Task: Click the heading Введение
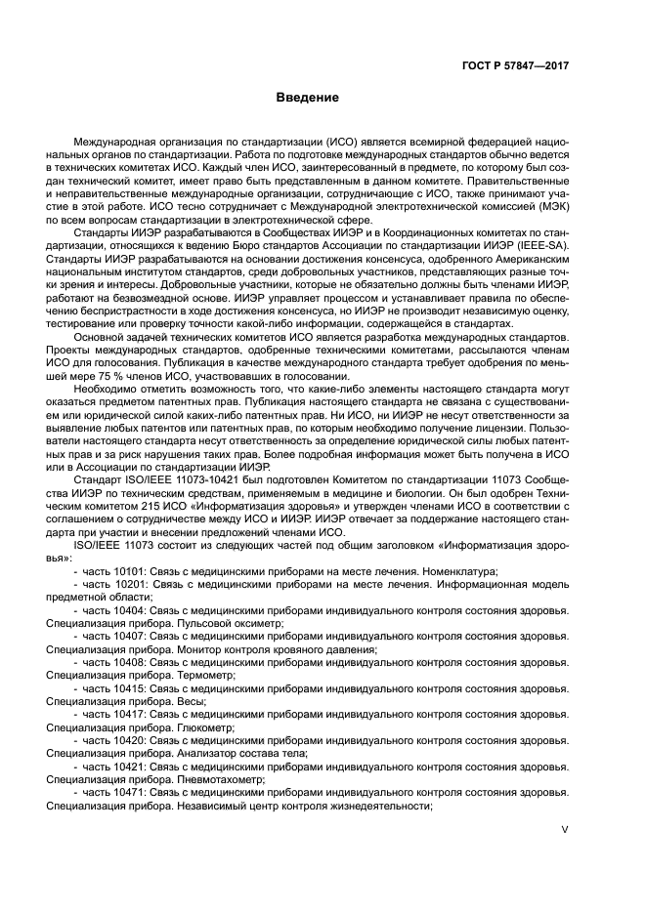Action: point(306,98)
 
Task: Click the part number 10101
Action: point(124,570)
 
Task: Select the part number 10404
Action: point(124,610)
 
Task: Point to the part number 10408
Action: point(124,661)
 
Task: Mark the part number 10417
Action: point(124,714)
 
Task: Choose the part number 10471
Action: point(124,793)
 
